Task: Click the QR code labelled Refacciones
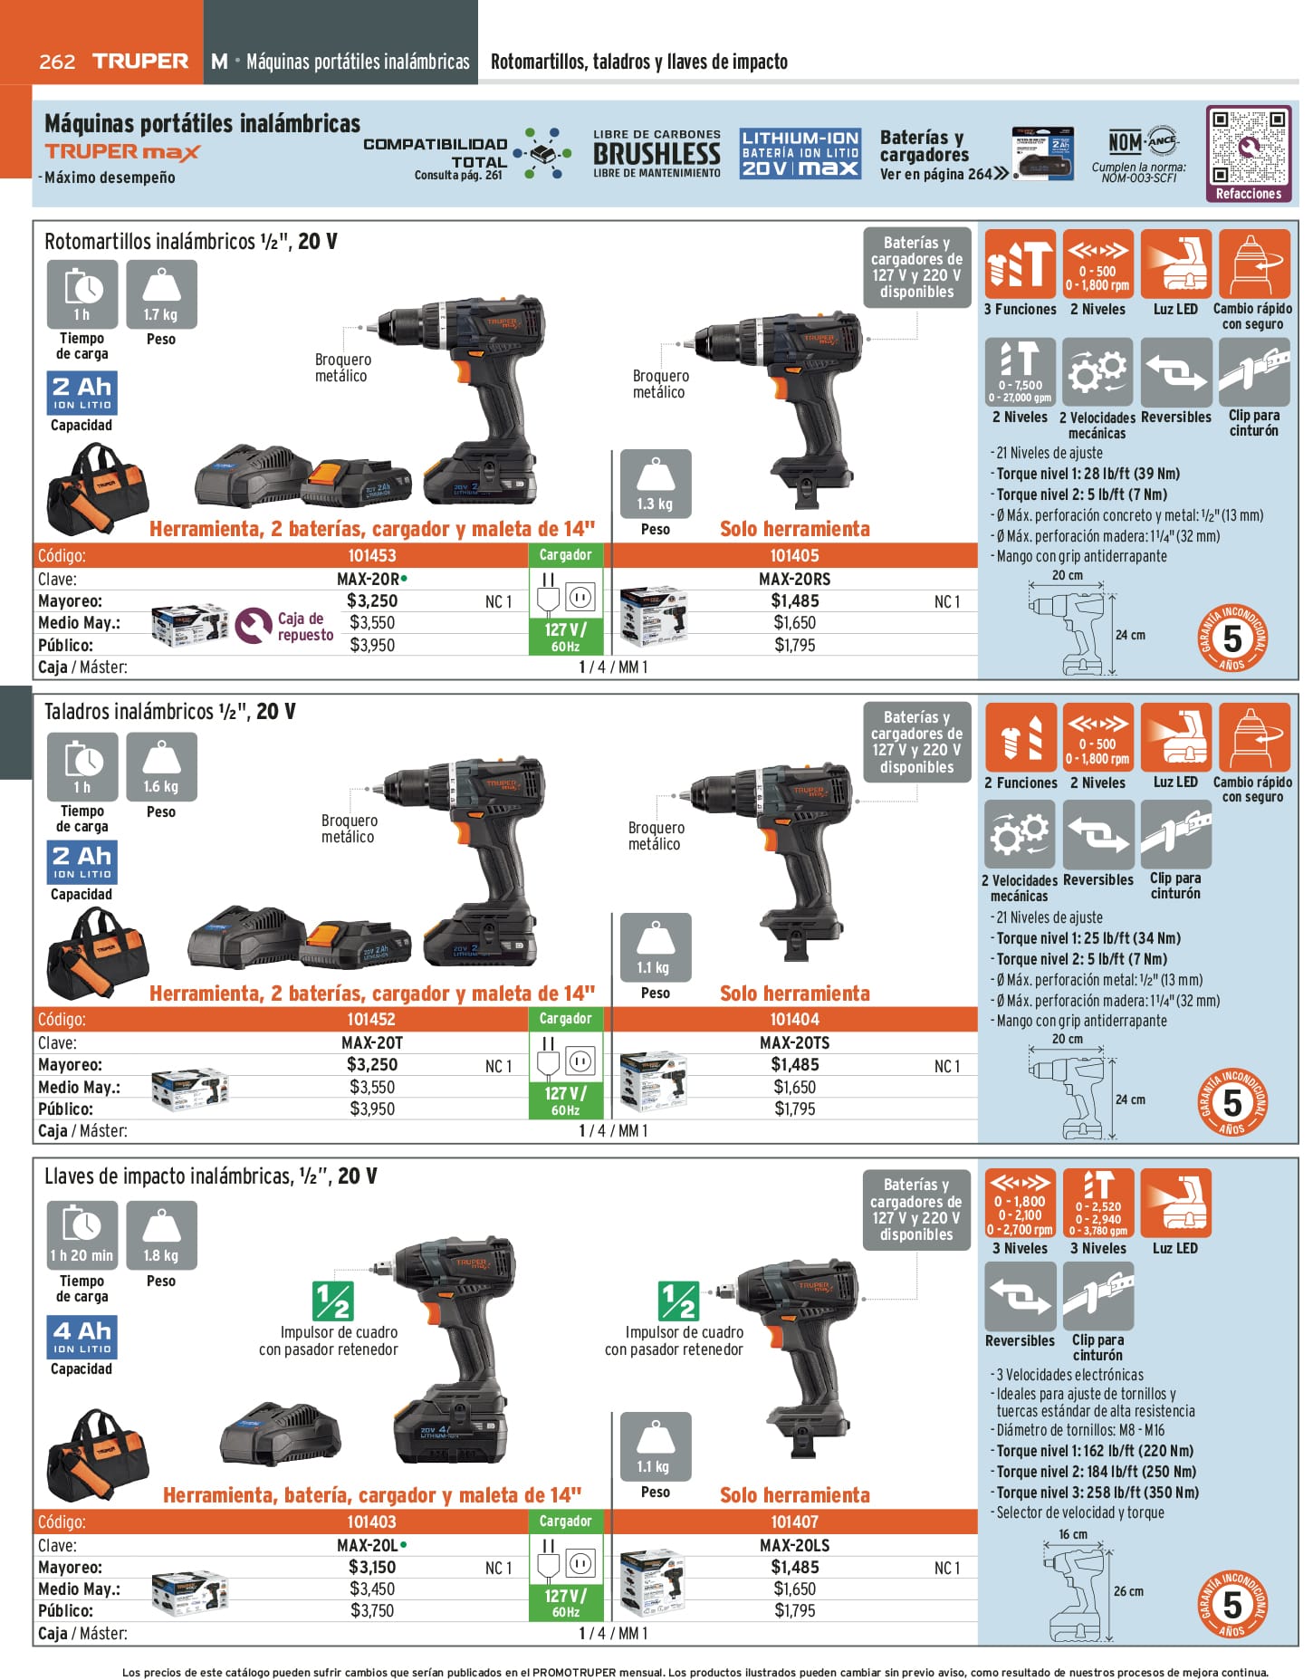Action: (1248, 147)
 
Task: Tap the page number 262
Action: (57, 62)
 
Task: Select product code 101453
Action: (372, 556)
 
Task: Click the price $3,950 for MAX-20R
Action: (372, 645)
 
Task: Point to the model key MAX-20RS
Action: (794, 579)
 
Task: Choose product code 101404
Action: (794, 1020)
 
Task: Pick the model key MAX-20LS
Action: (794, 1545)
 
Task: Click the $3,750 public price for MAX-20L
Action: (372, 1610)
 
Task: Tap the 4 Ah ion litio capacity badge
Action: (81, 1337)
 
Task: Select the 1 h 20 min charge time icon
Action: (81, 1234)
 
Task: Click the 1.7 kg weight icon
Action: (161, 294)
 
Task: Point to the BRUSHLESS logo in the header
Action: (656, 154)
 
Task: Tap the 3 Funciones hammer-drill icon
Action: (1020, 264)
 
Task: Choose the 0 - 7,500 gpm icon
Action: (1020, 371)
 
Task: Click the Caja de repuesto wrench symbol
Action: (253, 626)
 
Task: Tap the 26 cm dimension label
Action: (1128, 1590)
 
